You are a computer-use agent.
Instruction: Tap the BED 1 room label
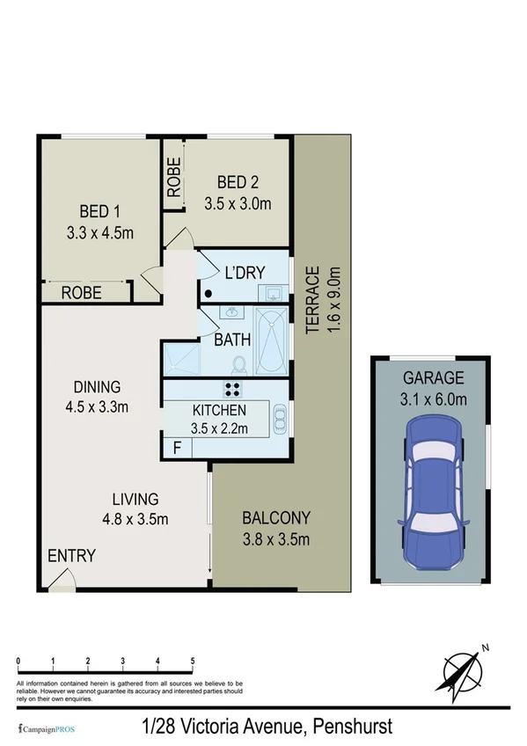tap(99, 211)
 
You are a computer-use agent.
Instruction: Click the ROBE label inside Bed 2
tap(174, 177)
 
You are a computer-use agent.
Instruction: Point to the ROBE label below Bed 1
tap(81, 293)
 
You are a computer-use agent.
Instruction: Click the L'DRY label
tap(245, 273)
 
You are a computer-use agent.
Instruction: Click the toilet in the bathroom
tap(237, 363)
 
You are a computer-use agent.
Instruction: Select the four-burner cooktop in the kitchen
tap(233, 391)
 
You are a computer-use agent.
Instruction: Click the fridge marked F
tap(177, 447)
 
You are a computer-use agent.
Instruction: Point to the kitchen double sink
tap(280, 420)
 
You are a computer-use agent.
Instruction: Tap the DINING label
tap(97, 387)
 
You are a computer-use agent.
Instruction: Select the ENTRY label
tap(71, 556)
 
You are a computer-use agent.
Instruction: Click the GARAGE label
tap(434, 378)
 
